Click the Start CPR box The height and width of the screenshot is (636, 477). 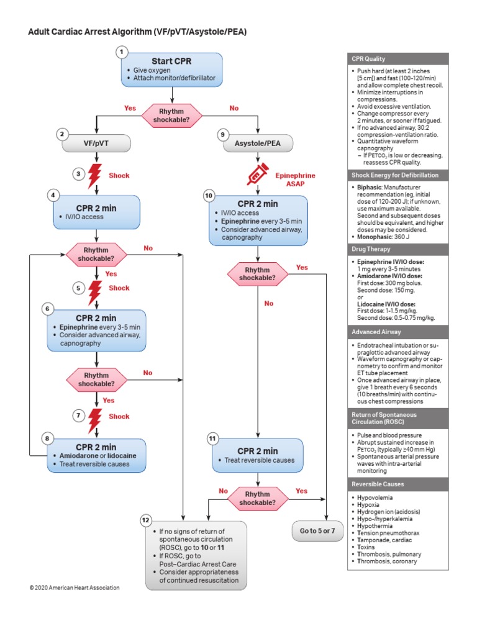pos(171,68)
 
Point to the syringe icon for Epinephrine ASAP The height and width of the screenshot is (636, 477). pos(257,174)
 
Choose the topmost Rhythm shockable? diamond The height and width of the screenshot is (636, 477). pos(171,114)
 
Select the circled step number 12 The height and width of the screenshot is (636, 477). pos(145,519)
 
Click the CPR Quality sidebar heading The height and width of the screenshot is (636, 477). pos(368,59)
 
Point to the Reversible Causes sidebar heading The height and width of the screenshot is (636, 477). pos(378,484)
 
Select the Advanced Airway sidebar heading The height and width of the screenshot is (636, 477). pos(375,332)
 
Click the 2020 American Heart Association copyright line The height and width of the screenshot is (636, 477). pos(74,588)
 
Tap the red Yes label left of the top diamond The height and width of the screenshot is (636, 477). pos(130,108)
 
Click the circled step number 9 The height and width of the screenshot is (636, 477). pos(222,134)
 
